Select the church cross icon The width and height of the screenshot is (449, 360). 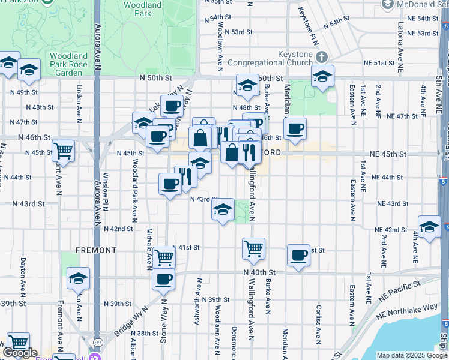click(322, 57)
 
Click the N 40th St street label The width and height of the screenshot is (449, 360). click(262, 272)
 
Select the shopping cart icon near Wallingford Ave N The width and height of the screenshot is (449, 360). click(254, 247)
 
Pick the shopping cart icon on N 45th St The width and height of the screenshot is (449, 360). click(63, 150)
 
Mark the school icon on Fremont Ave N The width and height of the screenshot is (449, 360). click(78, 278)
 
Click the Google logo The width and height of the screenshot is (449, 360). click(21, 353)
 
